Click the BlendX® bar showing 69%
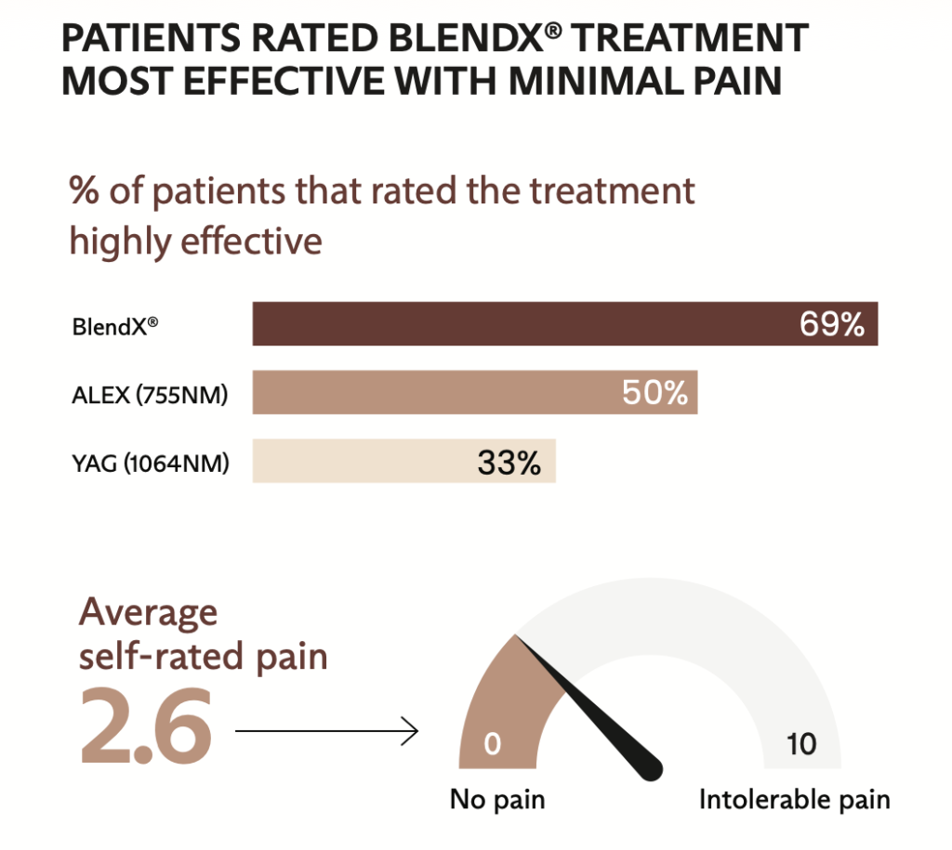coord(521,324)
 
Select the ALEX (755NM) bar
coord(437,393)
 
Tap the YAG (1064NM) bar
coord(372,461)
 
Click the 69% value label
coord(832,325)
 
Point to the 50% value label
coord(654,393)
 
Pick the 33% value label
coord(509,462)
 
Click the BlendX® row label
coord(109,327)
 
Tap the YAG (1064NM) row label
coord(150,463)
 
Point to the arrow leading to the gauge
coord(325,733)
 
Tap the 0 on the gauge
coord(493,744)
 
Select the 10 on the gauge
coord(800,744)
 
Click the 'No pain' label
coord(497,799)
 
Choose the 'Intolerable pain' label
coord(794,799)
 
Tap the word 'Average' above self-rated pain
coord(149,613)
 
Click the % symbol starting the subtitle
coord(85,192)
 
